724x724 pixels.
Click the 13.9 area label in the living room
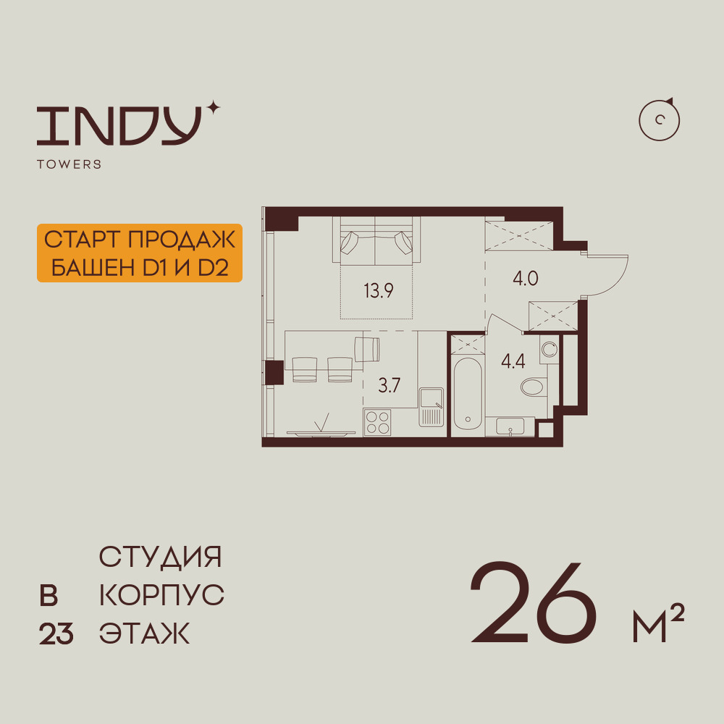379,291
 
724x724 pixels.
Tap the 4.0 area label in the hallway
526,279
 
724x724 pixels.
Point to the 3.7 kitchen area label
390,385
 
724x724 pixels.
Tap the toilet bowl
534,387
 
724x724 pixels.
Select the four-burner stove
376,421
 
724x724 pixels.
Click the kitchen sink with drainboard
431,408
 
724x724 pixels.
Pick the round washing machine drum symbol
549,350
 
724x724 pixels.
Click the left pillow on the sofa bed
350,242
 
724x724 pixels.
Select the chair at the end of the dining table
368,348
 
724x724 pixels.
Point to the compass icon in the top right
660,120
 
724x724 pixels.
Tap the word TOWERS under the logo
69,164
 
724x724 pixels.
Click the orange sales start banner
139,253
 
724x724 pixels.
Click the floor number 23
56,635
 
